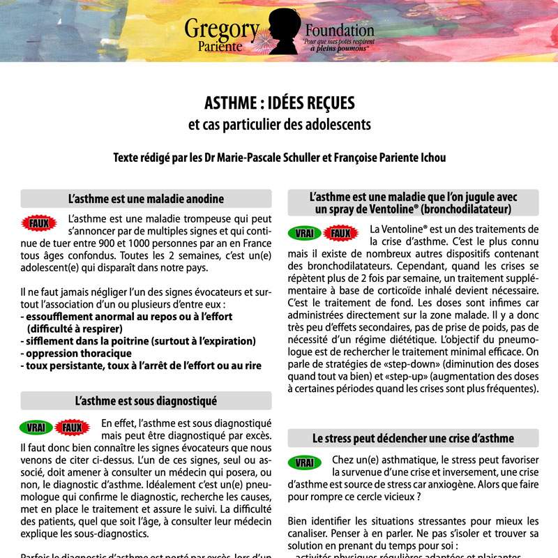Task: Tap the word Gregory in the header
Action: (222, 29)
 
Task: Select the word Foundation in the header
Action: (340, 30)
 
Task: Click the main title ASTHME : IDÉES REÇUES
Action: (279, 104)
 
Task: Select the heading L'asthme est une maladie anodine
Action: (146, 199)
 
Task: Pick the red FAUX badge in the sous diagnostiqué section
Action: (72, 428)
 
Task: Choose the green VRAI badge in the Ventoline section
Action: (304, 233)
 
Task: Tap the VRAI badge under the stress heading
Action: (304, 463)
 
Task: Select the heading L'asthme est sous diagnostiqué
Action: (146, 401)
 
